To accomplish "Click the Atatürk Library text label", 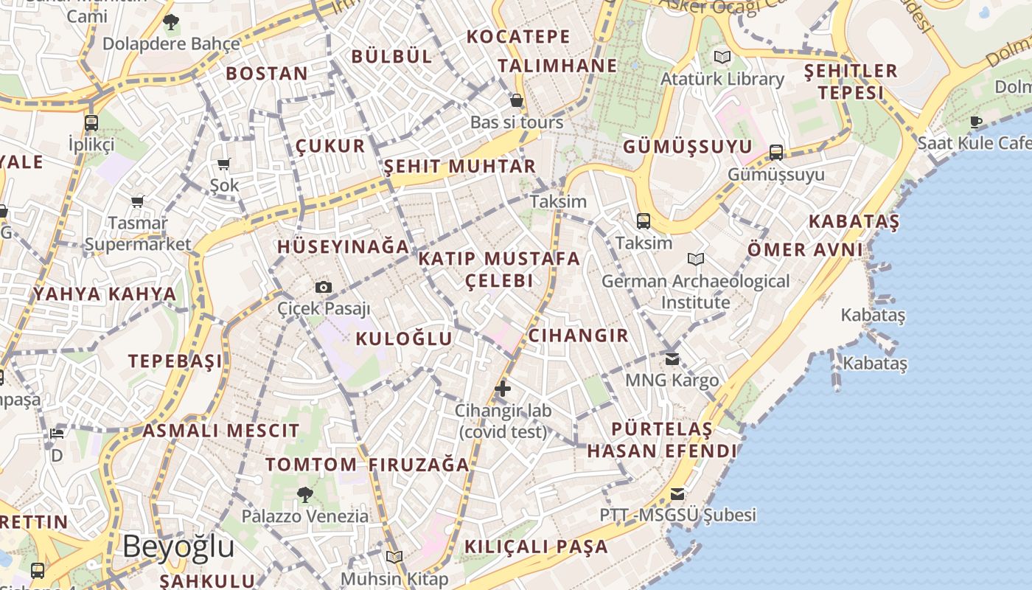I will [x=722, y=79].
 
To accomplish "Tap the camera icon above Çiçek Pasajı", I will [x=323, y=287].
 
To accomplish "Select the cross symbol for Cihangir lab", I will [x=503, y=389].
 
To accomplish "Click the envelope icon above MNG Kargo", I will [x=672, y=359].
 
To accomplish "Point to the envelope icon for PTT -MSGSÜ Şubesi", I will [x=677, y=494].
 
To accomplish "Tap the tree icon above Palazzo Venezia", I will [x=304, y=494].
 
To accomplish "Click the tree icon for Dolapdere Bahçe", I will [x=171, y=22].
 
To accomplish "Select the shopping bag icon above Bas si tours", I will [x=517, y=100].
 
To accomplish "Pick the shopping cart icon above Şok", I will [x=223, y=164].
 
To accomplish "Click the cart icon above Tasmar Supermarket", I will [x=137, y=201].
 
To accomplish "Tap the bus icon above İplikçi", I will [x=91, y=122].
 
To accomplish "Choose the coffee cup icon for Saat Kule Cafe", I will [x=976, y=122].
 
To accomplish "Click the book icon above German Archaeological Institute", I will [x=695, y=260].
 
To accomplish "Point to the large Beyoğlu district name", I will [x=178, y=546].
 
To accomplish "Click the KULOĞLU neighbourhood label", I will [x=403, y=339].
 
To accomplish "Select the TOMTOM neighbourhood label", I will [x=311, y=465].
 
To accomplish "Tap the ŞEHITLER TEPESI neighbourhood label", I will [x=851, y=81].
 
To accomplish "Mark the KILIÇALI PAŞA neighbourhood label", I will [x=536, y=546].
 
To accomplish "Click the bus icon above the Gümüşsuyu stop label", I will [x=776, y=153].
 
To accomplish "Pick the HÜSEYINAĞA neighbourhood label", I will [x=343, y=246].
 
